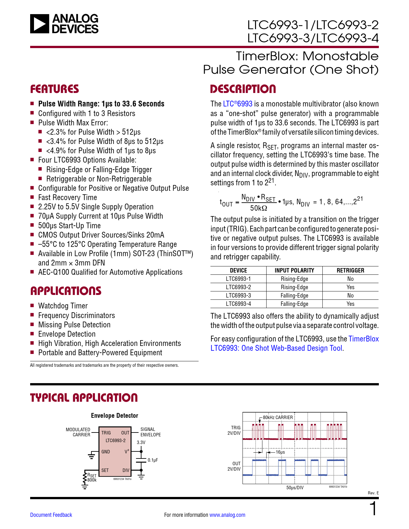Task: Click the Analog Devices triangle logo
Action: pyautogui.click(x=39, y=24)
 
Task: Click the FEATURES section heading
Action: pyautogui.click(x=55, y=89)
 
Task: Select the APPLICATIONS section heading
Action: pyautogui.click(x=66, y=291)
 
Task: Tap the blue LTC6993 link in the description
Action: pyautogui.click(x=238, y=104)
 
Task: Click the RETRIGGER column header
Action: pyautogui.click(x=350, y=270)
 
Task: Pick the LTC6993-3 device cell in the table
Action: pyautogui.click(x=238, y=295)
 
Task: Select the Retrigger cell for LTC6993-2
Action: pyautogui.click(x=350, y=287)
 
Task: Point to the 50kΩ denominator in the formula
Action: pyautogui.click(x=259, y=208)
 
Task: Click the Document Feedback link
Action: pyautogui.click(x=51, y=515)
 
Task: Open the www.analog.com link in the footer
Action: pyautogui.click(x=227, y=515)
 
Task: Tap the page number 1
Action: pyautogui.click(x=373, y=509)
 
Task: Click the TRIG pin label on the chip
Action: pyautogui.click(x=106, y=433)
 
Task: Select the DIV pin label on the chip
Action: pyautogui.click(x=126, y=470)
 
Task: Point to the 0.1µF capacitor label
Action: pyautogui.click(x=153, y=460)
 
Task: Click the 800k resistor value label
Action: pyautogui.click(x=92, y=480)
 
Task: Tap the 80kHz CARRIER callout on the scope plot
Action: pyautogui.click(x=278, y=417)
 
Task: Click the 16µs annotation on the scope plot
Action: pyautogui.click(x=280, y=452)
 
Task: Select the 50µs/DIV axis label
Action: pyautogui.click(x=295, y=488)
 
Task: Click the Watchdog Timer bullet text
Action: pyautogui.click(x=63, y=306)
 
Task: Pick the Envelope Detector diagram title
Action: pyautogui.click(x=115, y=416)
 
